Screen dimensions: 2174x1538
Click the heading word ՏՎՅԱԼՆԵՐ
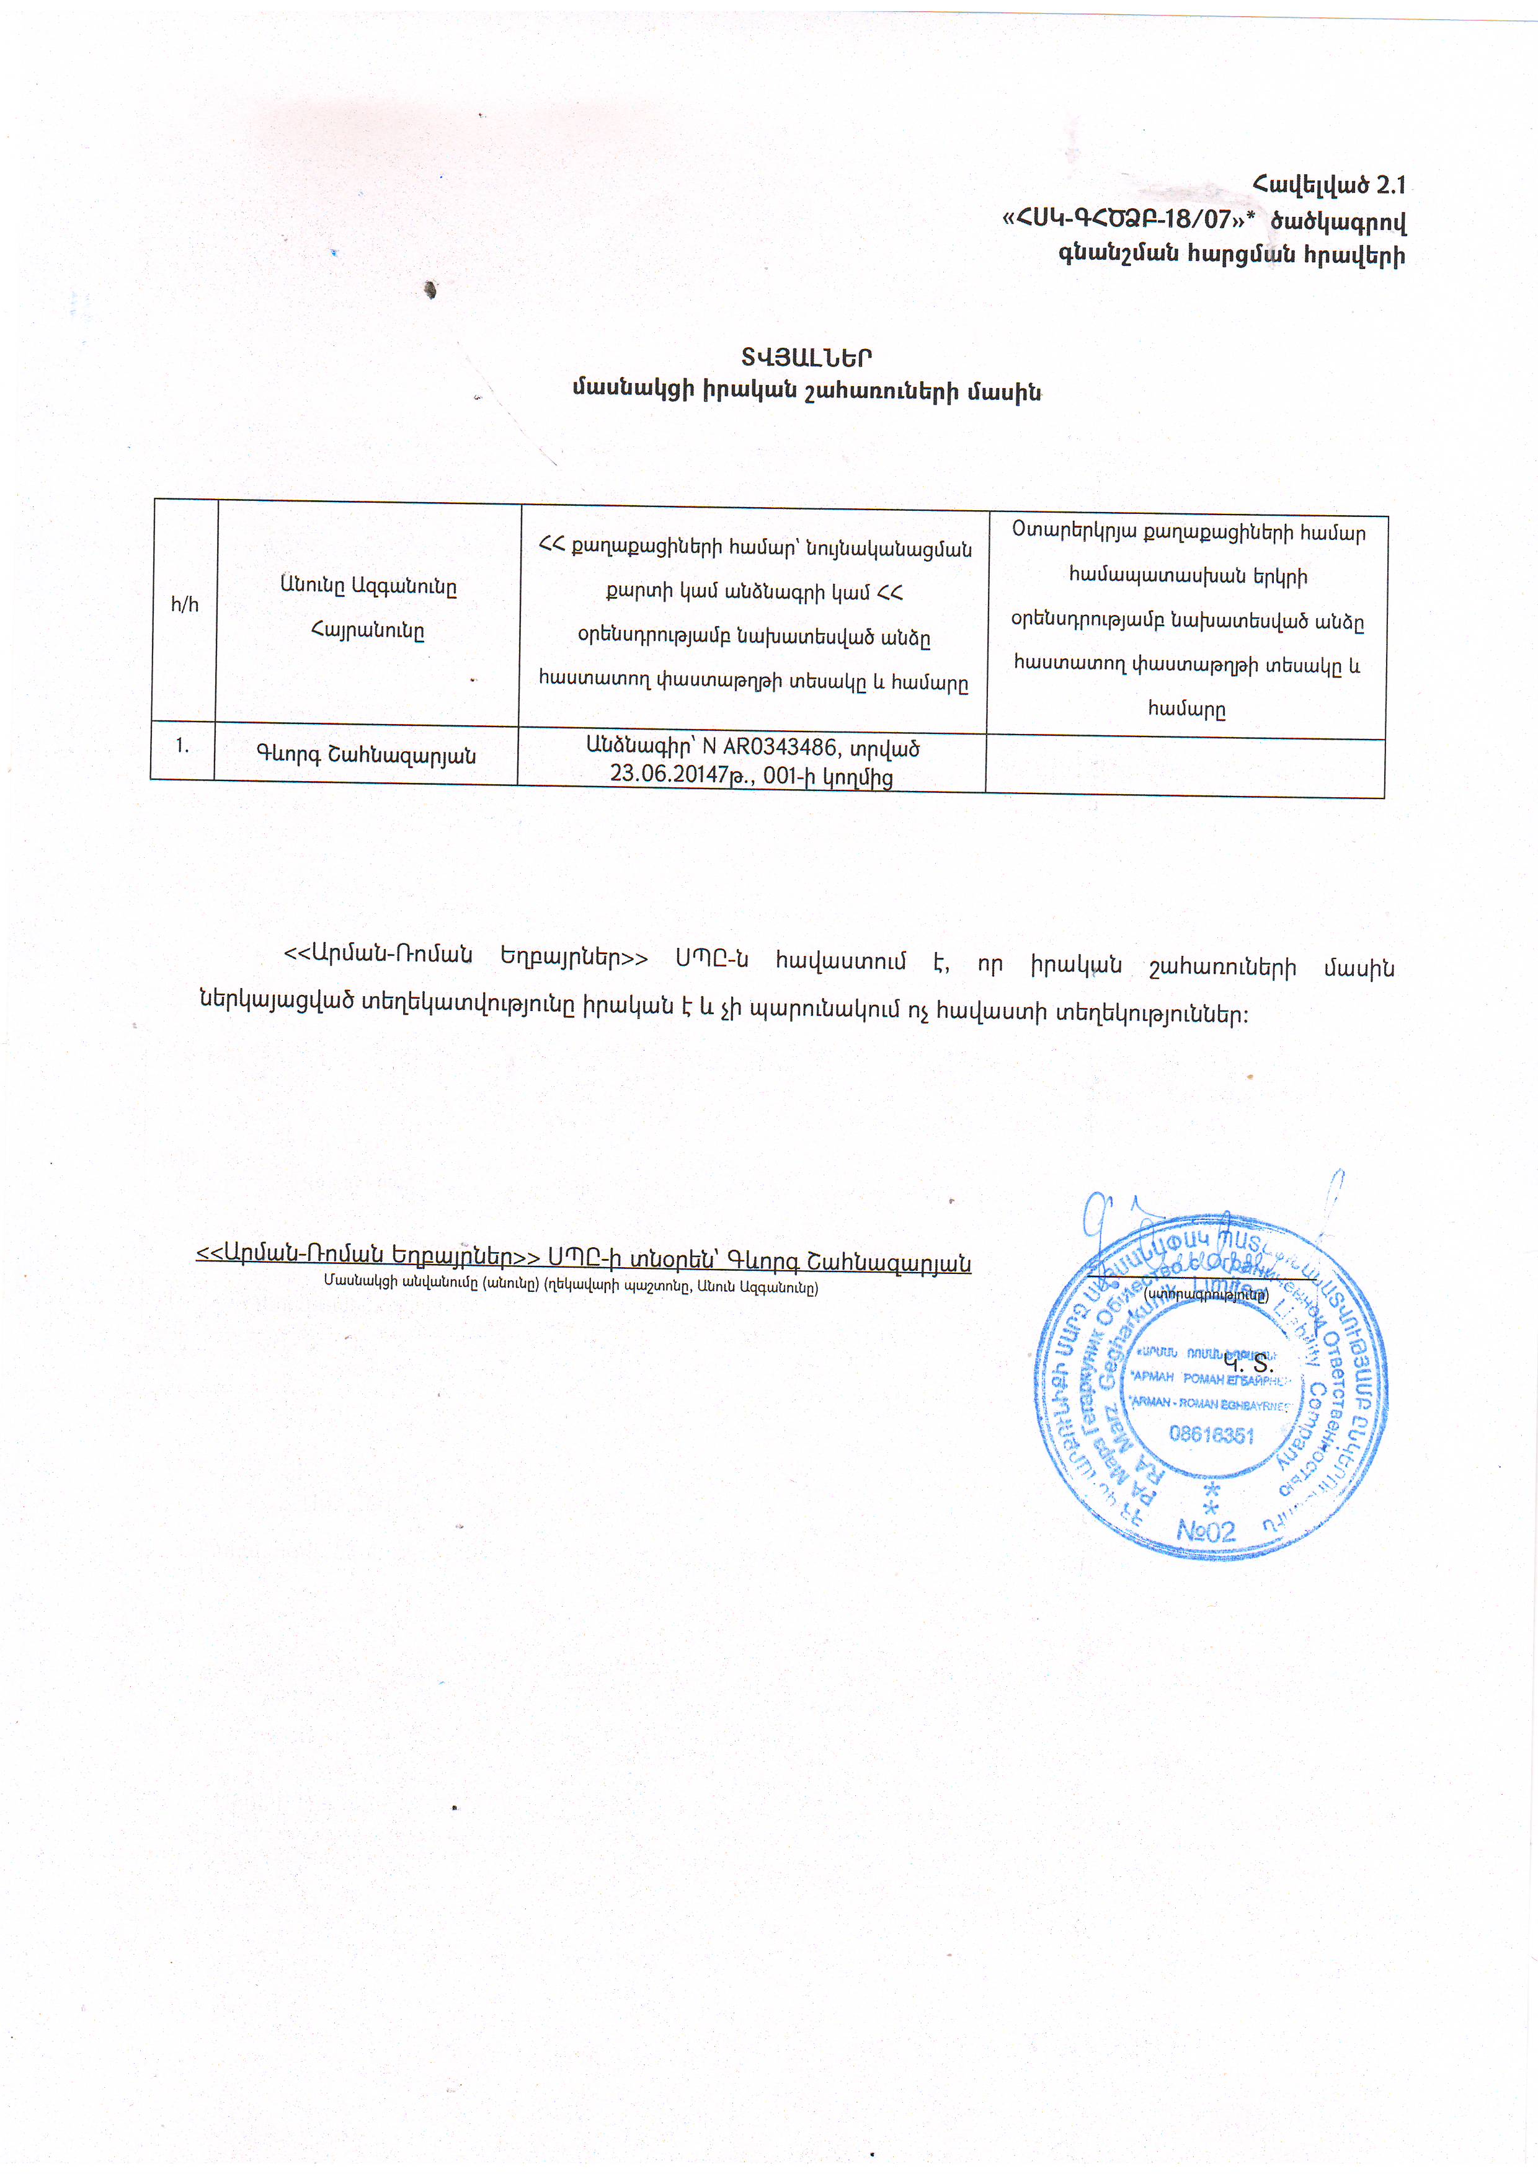click(x=806, y=358)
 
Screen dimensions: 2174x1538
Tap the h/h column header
click(x=185, y=605)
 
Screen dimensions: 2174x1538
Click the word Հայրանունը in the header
click(x=368, y=632)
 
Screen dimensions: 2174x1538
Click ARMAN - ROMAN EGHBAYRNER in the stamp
click(x=1211, y=1403)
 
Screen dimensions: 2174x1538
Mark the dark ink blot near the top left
click(x=431, y=289)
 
